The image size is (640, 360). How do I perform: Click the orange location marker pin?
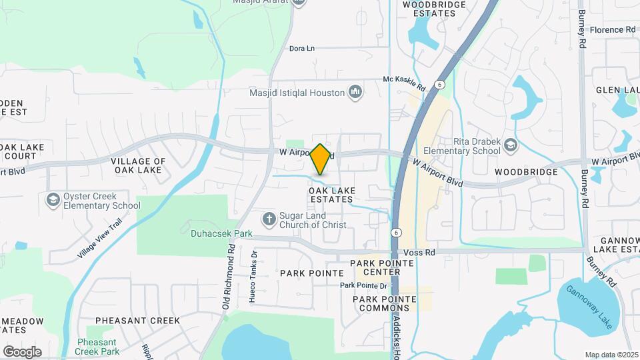321,159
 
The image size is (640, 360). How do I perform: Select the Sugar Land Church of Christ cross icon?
269,219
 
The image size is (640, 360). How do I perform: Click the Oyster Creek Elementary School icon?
53,200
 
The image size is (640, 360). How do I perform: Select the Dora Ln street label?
301,49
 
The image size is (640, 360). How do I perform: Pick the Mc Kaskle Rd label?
404,83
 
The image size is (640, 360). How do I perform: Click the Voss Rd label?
420,253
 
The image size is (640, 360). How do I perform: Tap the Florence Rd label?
613,30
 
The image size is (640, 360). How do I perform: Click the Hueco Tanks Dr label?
253,277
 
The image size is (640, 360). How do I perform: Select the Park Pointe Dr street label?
363,285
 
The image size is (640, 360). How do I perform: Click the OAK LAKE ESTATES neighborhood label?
331,195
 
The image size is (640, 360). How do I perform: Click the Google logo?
22,351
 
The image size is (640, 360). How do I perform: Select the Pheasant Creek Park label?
97,346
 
